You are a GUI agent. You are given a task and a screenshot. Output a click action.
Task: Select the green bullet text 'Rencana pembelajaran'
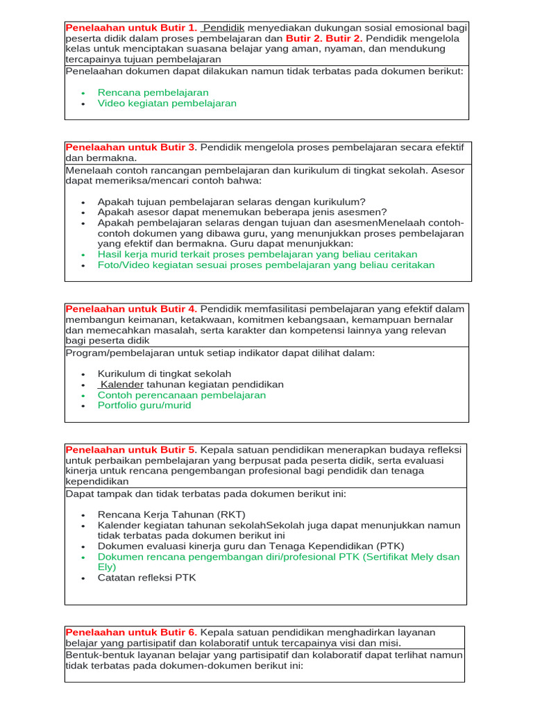point(153,92)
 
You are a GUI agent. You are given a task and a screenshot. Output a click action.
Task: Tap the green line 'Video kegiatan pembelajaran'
point(167,103)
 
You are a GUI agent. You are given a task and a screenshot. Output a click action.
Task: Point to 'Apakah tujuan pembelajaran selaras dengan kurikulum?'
point(231,202)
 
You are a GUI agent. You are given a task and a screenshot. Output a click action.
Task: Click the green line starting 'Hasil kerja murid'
point(257,255)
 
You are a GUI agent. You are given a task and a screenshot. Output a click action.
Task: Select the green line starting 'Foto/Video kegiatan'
point(266,265)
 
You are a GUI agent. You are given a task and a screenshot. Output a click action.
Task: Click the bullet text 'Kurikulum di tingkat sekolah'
point(164,374)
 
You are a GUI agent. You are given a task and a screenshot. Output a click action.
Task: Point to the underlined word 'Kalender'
point(122,385)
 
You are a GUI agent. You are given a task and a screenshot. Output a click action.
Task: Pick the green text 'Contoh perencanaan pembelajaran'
point(182,395)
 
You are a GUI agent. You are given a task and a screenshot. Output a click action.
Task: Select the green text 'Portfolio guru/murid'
point(144,405)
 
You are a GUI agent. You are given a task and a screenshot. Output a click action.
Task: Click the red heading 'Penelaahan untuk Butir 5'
point(131,450)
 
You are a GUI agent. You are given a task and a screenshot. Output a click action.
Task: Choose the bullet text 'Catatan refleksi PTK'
point(146,578)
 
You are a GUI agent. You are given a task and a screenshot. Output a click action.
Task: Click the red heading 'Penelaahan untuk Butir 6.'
point(131,633)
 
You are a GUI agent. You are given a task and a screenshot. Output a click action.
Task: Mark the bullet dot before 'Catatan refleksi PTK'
point(83,578)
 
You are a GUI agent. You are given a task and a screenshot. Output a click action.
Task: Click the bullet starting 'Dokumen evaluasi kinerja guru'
point(251,546)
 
